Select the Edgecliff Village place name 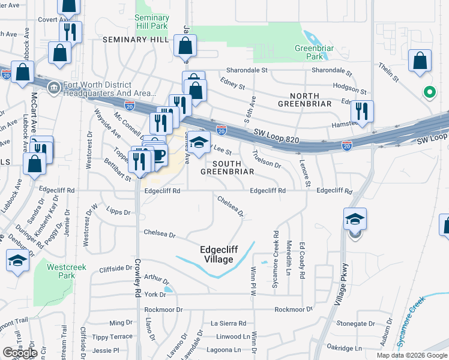217,254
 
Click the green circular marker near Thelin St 429,92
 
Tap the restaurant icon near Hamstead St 362,110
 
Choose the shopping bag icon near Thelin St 420,61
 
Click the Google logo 20,352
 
